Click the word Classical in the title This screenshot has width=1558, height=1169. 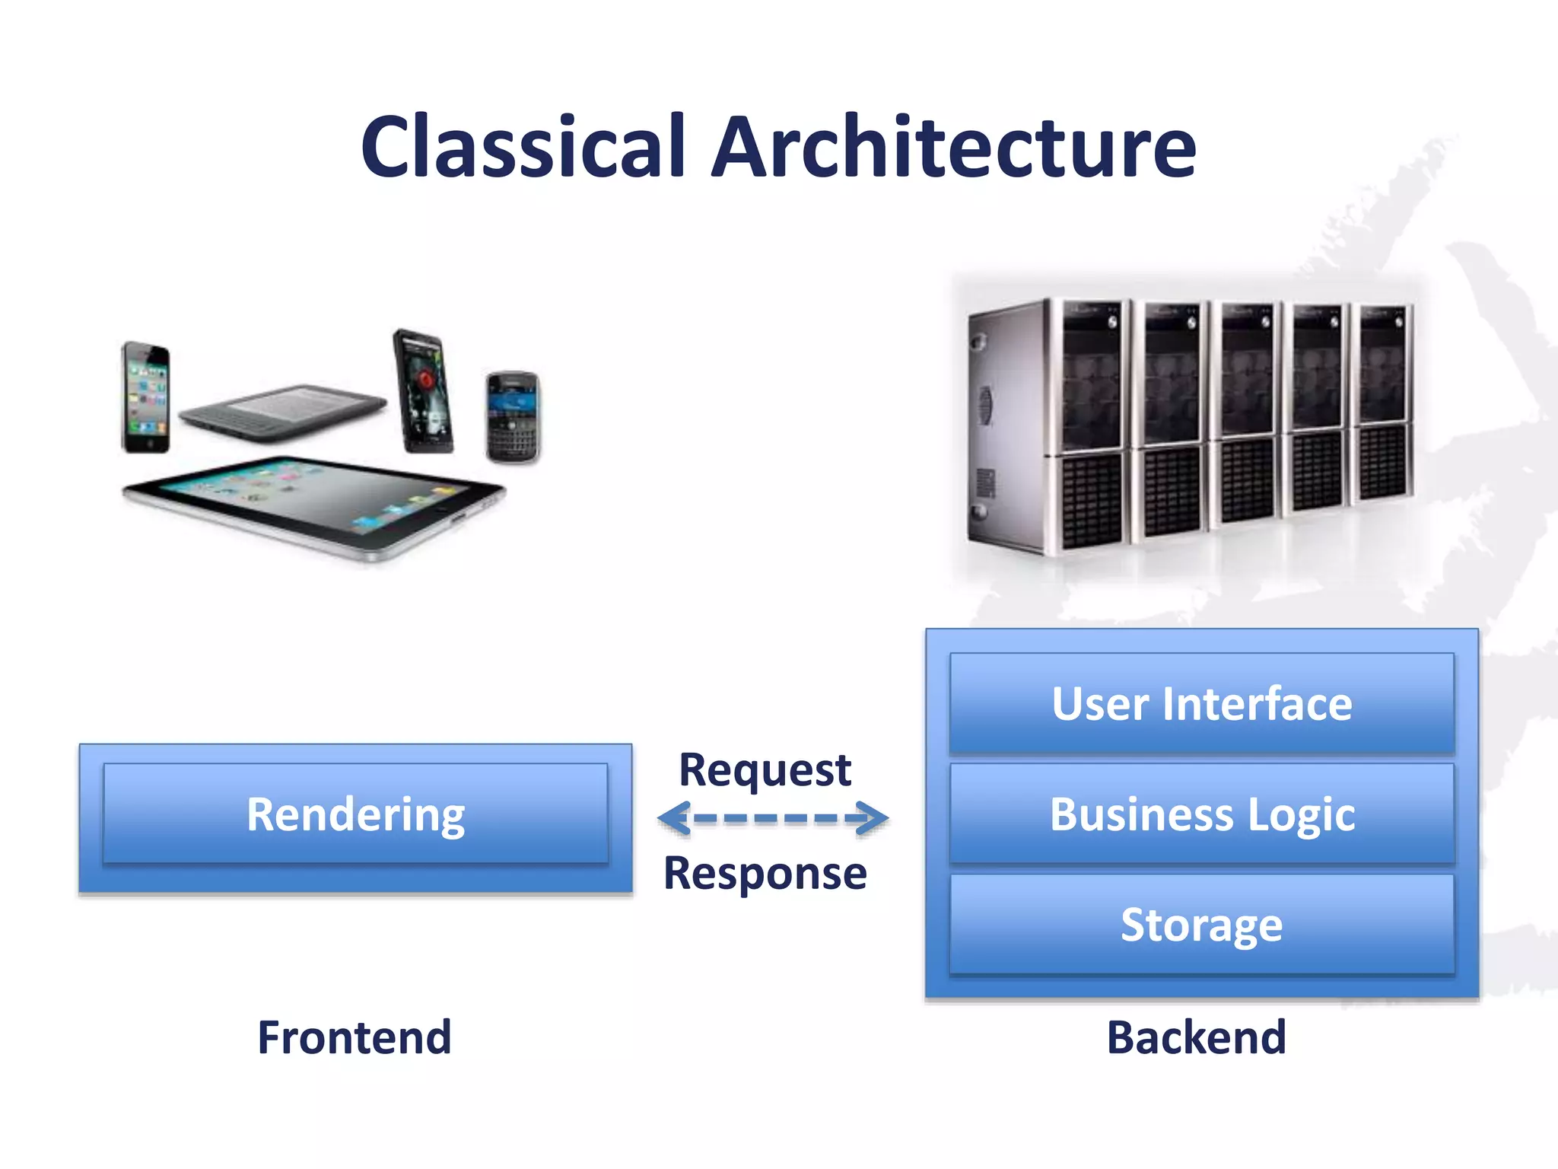coord(523,146)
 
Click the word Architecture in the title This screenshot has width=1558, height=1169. coord(953,146)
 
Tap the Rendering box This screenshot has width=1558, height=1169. coord(355,814)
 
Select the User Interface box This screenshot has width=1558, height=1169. coord(1202,703)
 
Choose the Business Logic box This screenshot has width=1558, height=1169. coord(1202,814)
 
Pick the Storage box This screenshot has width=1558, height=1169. coord(1202,925)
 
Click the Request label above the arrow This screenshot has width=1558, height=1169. coord(765,770)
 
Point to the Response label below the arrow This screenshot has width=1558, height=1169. coord(765,873)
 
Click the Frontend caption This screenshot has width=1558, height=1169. coord(355,1037)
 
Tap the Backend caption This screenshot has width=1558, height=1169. coord(1196,1037)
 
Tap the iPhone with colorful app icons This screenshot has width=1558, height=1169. coord(146,397)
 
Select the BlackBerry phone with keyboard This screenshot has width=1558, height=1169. coord(513,417)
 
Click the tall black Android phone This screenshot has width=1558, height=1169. coord(423,391)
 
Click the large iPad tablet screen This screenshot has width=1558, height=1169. coord(312,502)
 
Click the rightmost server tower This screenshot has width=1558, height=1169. coord(1383,403)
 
